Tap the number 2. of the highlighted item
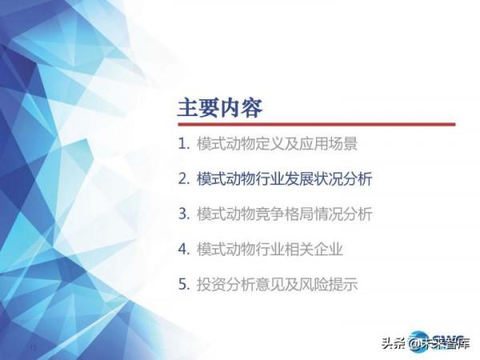point(184,179)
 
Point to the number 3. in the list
point(184,214)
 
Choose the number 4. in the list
point(184,250)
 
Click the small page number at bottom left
point(34,348)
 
